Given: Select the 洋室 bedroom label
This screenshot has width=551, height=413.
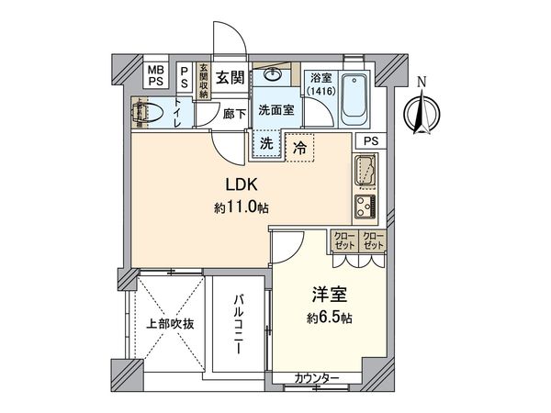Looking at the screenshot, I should point(326,296).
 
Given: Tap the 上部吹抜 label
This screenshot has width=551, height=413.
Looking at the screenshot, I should point(169,324).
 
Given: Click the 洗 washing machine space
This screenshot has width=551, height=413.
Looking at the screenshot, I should point(265,143).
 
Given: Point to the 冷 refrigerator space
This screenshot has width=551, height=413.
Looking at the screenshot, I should point(300,145).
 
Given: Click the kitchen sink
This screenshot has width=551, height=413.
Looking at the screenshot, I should point(364,170).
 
